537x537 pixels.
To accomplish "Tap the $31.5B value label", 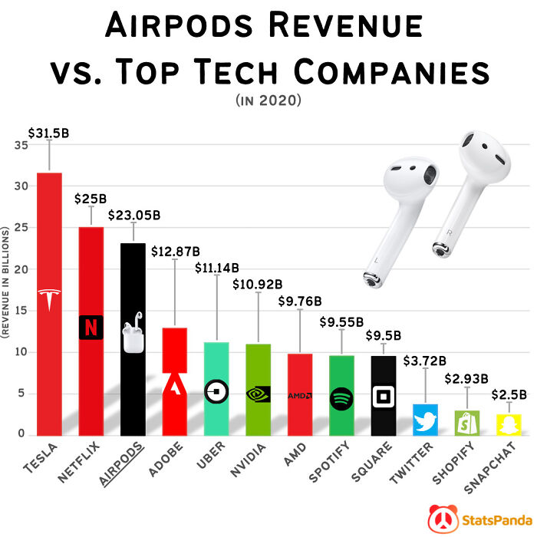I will tap(49, 133).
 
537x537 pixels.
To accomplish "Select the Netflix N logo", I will tap(91, 327).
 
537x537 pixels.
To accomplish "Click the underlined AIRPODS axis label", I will tap(124, 461).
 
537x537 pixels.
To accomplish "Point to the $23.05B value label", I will tap(133, 216).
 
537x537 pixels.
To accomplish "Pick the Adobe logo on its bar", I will tap(175, 384).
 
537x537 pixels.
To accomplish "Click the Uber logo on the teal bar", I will tap(216, 391).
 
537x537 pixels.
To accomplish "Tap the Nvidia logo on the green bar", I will tap(258, 394).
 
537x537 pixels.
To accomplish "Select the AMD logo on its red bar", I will tap(299, 396).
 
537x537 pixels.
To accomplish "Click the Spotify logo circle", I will tap(341, 398).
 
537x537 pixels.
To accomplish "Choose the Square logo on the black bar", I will tap(382, 397).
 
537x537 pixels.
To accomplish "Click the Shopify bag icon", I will tap(466, 421).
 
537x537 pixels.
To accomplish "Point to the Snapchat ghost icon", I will tap(507, 424).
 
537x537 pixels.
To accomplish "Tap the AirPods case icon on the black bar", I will tap(133, 336).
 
